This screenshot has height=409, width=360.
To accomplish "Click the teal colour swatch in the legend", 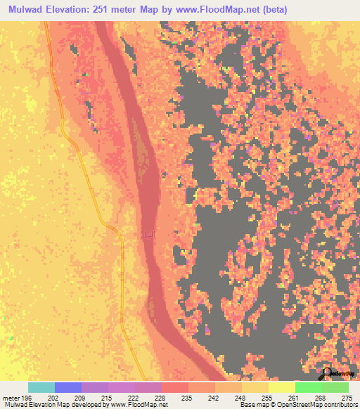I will (x=41, y=387).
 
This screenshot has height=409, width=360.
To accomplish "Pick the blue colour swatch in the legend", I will (x=68, y=387).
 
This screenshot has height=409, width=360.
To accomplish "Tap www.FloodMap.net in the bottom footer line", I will (x=135, y=405).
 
